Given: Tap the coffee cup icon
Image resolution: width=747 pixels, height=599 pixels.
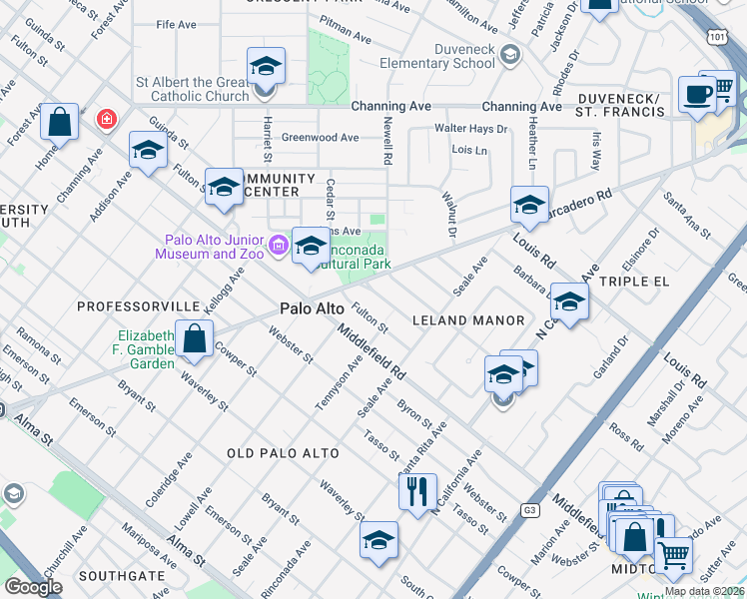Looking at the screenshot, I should (x=695, y=95).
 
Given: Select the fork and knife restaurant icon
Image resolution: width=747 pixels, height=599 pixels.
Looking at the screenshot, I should (x=416, y=489).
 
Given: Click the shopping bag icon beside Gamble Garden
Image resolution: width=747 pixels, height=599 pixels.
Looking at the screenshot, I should (x=194, y=338).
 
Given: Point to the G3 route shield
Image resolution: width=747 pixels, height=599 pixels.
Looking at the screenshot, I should (x=529, y=510).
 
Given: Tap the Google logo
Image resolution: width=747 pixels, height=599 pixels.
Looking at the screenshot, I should (x=33, y=587).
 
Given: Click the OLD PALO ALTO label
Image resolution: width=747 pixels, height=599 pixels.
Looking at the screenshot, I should (x=283, y=453).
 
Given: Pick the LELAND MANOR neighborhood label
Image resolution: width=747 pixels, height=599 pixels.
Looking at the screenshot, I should (x=468, y=320).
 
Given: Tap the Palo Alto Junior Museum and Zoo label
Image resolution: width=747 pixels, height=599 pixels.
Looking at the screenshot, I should (x=214, y=247).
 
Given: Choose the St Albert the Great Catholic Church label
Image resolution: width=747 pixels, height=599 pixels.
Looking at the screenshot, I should (x=192, y=90).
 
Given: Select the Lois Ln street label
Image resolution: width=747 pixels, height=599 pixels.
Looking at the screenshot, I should (x=469, y=150).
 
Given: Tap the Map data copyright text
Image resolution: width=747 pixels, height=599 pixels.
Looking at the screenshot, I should (x=703, y=591).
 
